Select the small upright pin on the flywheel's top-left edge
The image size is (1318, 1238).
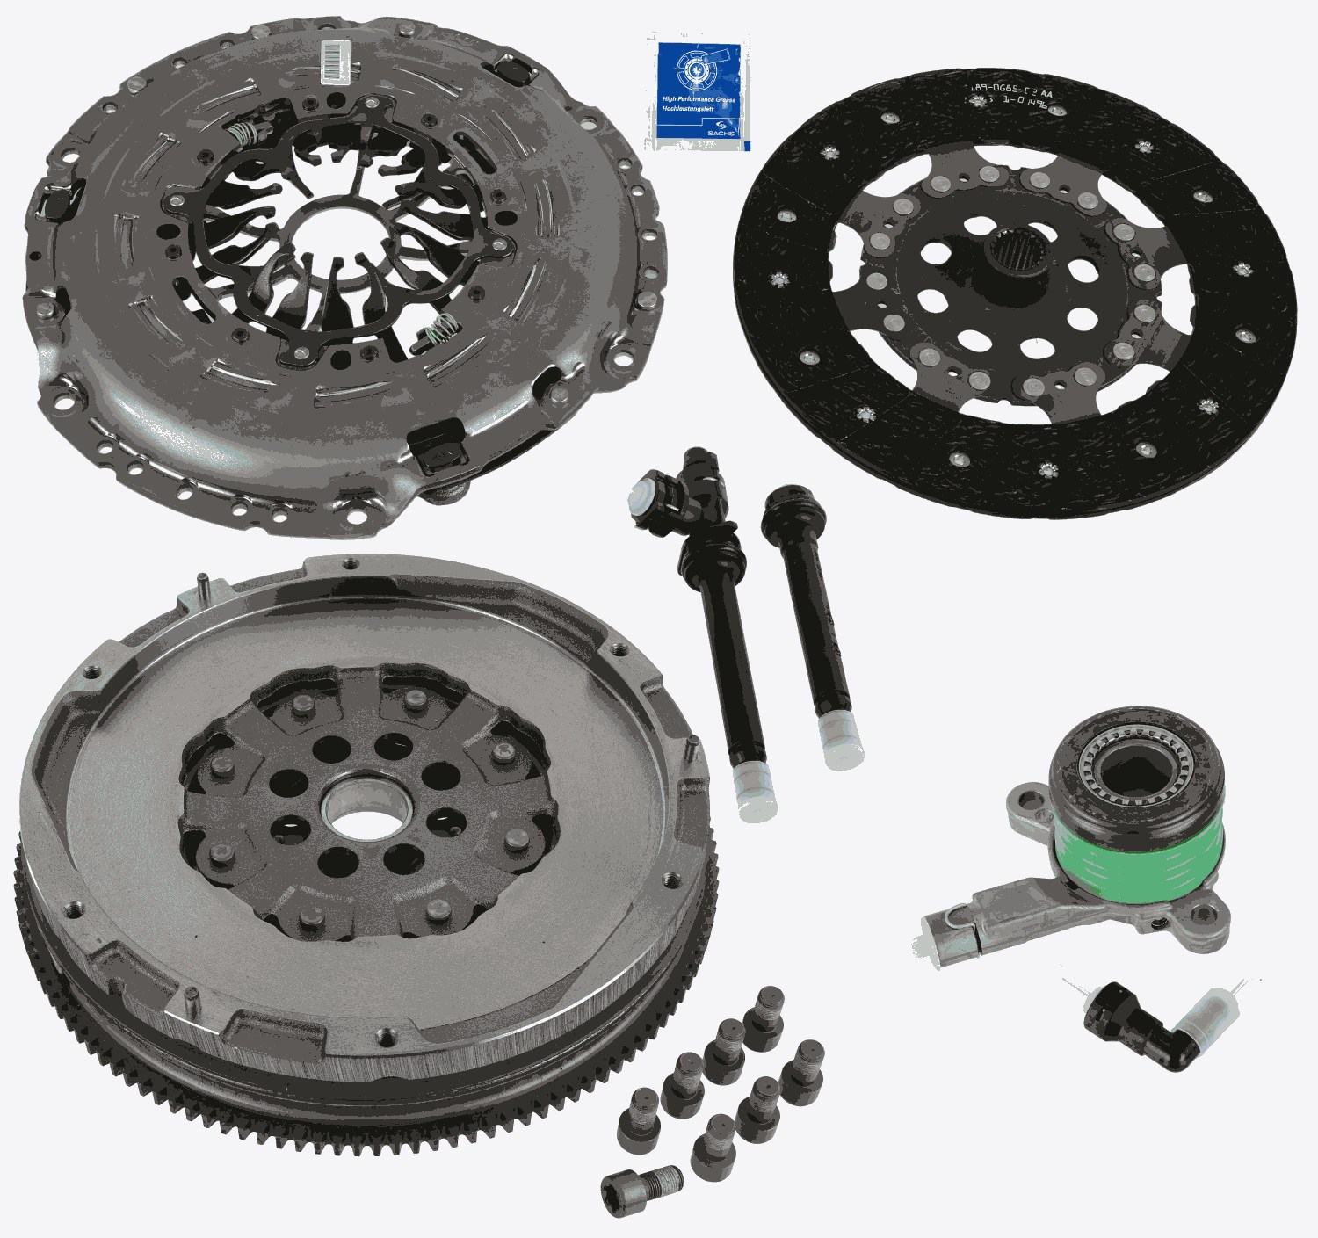click(202, 583)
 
